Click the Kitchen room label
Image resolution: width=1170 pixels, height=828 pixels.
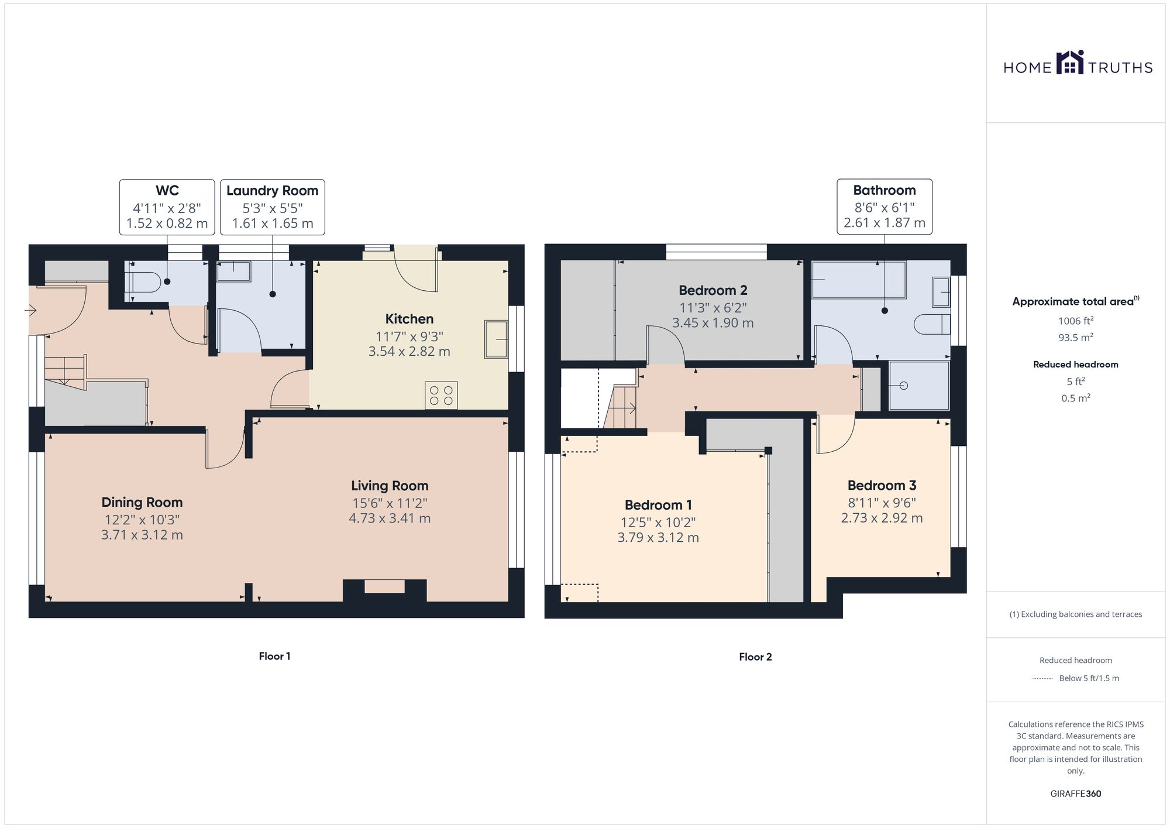409,319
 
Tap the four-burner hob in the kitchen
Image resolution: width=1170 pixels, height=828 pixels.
441,395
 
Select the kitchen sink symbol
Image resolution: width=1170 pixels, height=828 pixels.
495,339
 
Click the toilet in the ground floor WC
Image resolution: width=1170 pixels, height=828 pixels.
144,283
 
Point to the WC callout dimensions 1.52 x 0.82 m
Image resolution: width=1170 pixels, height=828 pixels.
167,223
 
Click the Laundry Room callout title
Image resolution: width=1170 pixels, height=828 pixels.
272,191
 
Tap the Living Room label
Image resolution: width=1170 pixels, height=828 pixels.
390,486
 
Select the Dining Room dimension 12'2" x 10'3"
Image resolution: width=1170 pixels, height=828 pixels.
142,520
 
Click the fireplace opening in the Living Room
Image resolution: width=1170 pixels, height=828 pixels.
384,586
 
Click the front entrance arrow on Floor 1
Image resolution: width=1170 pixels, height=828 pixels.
30,310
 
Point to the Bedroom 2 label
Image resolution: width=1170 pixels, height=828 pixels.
713,290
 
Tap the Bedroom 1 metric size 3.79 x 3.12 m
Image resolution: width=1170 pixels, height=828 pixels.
658,538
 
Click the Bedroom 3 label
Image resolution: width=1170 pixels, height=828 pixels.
882,485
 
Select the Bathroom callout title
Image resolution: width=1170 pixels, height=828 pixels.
884,190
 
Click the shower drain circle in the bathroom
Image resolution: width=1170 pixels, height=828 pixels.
903,386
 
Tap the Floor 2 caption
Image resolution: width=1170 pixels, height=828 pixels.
755,657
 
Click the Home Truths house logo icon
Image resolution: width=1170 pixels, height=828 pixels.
1070,63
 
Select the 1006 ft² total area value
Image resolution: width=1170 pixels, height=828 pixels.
1075,321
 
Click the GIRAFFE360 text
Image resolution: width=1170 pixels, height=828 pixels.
1075,794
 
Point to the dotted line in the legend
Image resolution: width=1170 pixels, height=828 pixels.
1042,679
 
